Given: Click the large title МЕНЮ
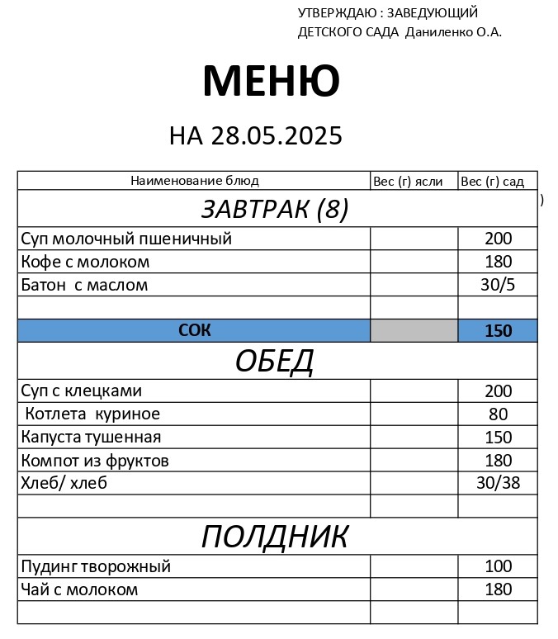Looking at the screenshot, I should [x=271, y=81].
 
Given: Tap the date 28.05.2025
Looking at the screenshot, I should [x=276, y=135].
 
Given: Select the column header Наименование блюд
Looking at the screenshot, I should [x=195, y=181].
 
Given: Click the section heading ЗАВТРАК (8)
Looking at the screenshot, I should [x=275, y=210].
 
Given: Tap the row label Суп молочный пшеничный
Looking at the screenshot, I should [x=126, y=239].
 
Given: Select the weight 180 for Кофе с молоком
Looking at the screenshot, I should [x=498, y=262].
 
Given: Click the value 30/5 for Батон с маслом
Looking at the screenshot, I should [x=498, y=285].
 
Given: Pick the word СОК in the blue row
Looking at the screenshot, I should [x=195, y=330].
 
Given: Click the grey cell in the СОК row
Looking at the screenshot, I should [x=414, y=330].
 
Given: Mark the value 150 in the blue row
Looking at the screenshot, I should [x=498, y=331].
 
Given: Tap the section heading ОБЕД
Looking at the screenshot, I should [x=275, y=361].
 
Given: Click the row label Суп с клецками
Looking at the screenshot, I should [x=82, y=390].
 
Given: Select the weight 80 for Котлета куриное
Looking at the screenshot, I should [x=498, y=414].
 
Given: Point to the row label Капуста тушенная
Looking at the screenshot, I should [x=91, y=437].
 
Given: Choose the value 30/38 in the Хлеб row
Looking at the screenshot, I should [x=498, y=483].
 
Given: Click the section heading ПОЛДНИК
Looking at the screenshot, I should [x=275, y=537].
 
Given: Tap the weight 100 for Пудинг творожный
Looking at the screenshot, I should [x=498, y=566].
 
